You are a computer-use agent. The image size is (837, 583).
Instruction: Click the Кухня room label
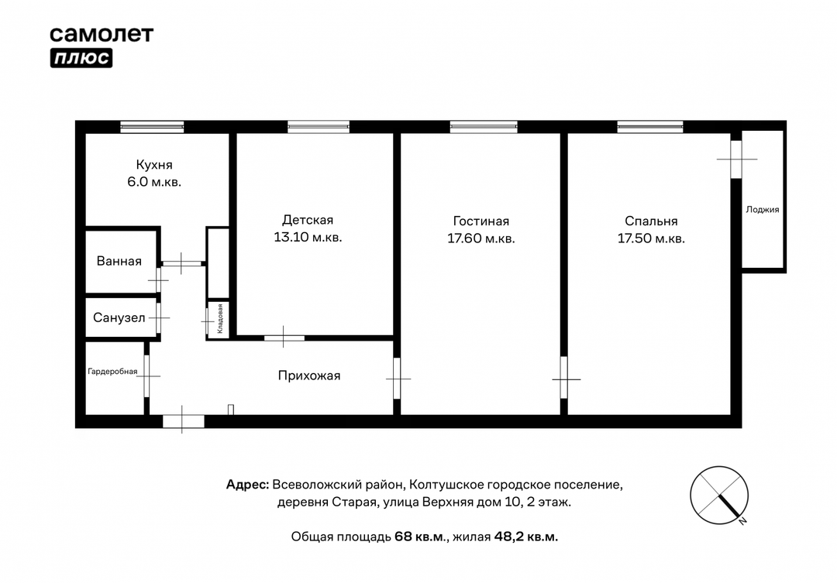coord(153,165)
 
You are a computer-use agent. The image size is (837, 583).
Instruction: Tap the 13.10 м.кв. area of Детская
coord(308,238)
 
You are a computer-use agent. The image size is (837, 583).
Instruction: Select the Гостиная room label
coord(481,221)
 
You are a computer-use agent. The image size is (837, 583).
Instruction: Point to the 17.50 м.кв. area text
coord(651,238)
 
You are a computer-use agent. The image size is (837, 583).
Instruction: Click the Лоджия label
coord(763,210)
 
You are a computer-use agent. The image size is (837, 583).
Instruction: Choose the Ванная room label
coord(119,261)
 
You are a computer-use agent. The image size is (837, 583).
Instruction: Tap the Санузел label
coord(119,318)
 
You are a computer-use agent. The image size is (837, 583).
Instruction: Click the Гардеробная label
coord(112,372)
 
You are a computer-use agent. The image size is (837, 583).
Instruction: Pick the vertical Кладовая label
coord(219,319)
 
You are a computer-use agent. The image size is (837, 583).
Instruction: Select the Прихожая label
coord(309,376)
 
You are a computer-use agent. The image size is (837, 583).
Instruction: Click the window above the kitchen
coord(152,127)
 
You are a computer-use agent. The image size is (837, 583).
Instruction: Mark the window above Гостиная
coord(484,127)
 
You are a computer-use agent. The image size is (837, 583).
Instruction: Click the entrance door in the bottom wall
coord(183,421)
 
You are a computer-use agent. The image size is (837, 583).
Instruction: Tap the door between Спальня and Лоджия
coord(736,159)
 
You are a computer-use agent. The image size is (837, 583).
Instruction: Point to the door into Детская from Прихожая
coord(284,338)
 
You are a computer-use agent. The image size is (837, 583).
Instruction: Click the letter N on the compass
coord(742,521)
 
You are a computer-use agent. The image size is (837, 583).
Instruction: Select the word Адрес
coord(248,485)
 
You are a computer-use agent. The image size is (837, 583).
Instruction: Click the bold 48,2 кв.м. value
coord(525,537)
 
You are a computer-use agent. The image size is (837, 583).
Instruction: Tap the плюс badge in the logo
coord(81,58)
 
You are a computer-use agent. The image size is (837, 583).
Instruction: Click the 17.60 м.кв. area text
coord(481,238)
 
